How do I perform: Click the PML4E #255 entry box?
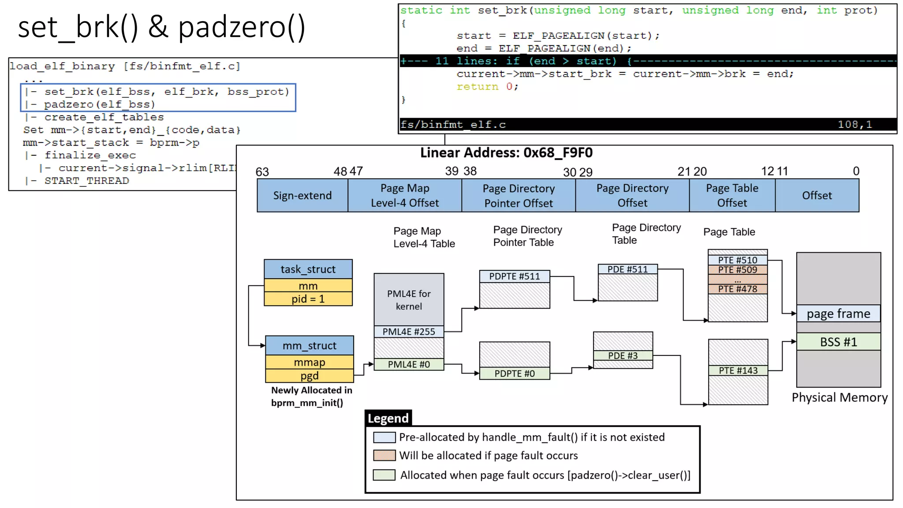[x=409, y=332]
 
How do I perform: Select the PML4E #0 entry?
[x=409, y=364]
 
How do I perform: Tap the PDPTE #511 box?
[x=515, y=276]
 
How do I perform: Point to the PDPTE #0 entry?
[x=515, y=374]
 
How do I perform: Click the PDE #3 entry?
[x=623, y=355]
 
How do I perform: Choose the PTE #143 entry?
[x=738, y=370]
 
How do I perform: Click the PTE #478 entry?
[x=737, y=289]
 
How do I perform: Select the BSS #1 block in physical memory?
[x=838, y=342]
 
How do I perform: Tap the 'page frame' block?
[x=838, y=314]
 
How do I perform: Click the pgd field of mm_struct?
[x=309, y=376]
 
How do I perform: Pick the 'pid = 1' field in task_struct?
[x=308, y=299]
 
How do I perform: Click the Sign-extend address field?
[x=302, y=195]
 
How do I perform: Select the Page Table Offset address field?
[x=732, y=195]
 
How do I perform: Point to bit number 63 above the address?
[x=262, y=172]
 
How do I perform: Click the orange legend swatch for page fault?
[x=384, y=455]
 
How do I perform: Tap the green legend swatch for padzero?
[x=384, y=475]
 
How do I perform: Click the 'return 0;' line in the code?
[x=487, y=87]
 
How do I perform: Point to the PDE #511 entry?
[x=627, y=269]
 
